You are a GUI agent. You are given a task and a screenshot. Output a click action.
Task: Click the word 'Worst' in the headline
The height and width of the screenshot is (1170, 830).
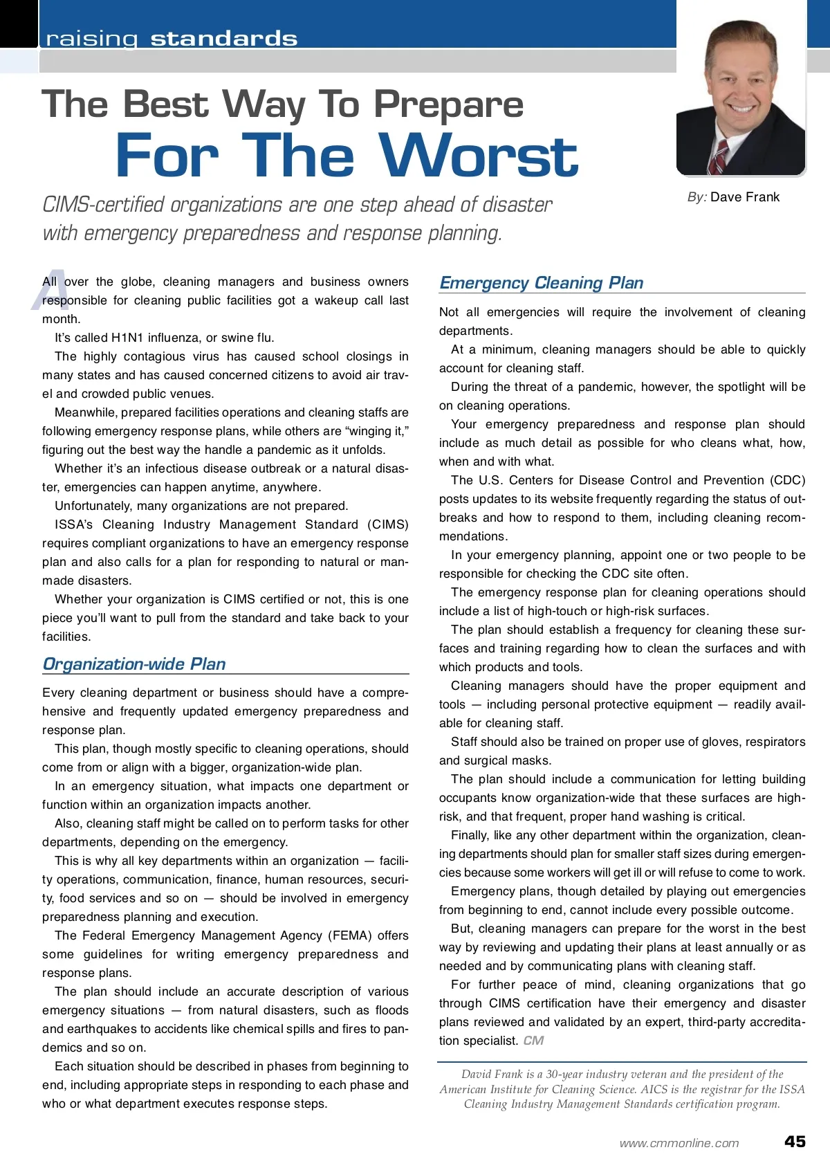click(x=478, y=156)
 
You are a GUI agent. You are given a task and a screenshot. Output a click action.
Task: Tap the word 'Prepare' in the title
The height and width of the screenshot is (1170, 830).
click(x=448, y=105)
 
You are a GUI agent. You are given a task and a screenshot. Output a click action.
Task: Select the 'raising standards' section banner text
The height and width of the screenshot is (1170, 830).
click(x=172, y=39)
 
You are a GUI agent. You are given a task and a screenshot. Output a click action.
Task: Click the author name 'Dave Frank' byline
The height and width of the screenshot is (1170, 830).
click(x=744, y=197)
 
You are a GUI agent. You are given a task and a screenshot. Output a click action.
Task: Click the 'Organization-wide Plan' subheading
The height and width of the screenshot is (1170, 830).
click(x=134, y=664)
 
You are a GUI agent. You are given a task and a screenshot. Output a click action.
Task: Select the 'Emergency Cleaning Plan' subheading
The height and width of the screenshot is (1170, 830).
click(x=541, y=283)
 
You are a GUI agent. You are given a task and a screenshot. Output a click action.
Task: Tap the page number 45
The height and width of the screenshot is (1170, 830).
click(x=795, y=1142)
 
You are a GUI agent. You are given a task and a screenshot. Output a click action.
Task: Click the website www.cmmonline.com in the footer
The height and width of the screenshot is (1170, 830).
click(x=679, y=1143)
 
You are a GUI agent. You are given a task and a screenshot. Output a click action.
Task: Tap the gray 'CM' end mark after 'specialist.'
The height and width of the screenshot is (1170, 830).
click(x=533, y=1041)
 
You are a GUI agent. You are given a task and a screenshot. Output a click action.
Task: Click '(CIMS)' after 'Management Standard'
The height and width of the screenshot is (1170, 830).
click(x=388, y=524)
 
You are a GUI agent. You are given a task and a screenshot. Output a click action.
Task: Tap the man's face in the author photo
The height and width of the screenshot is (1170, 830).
click(x=737, y=80)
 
